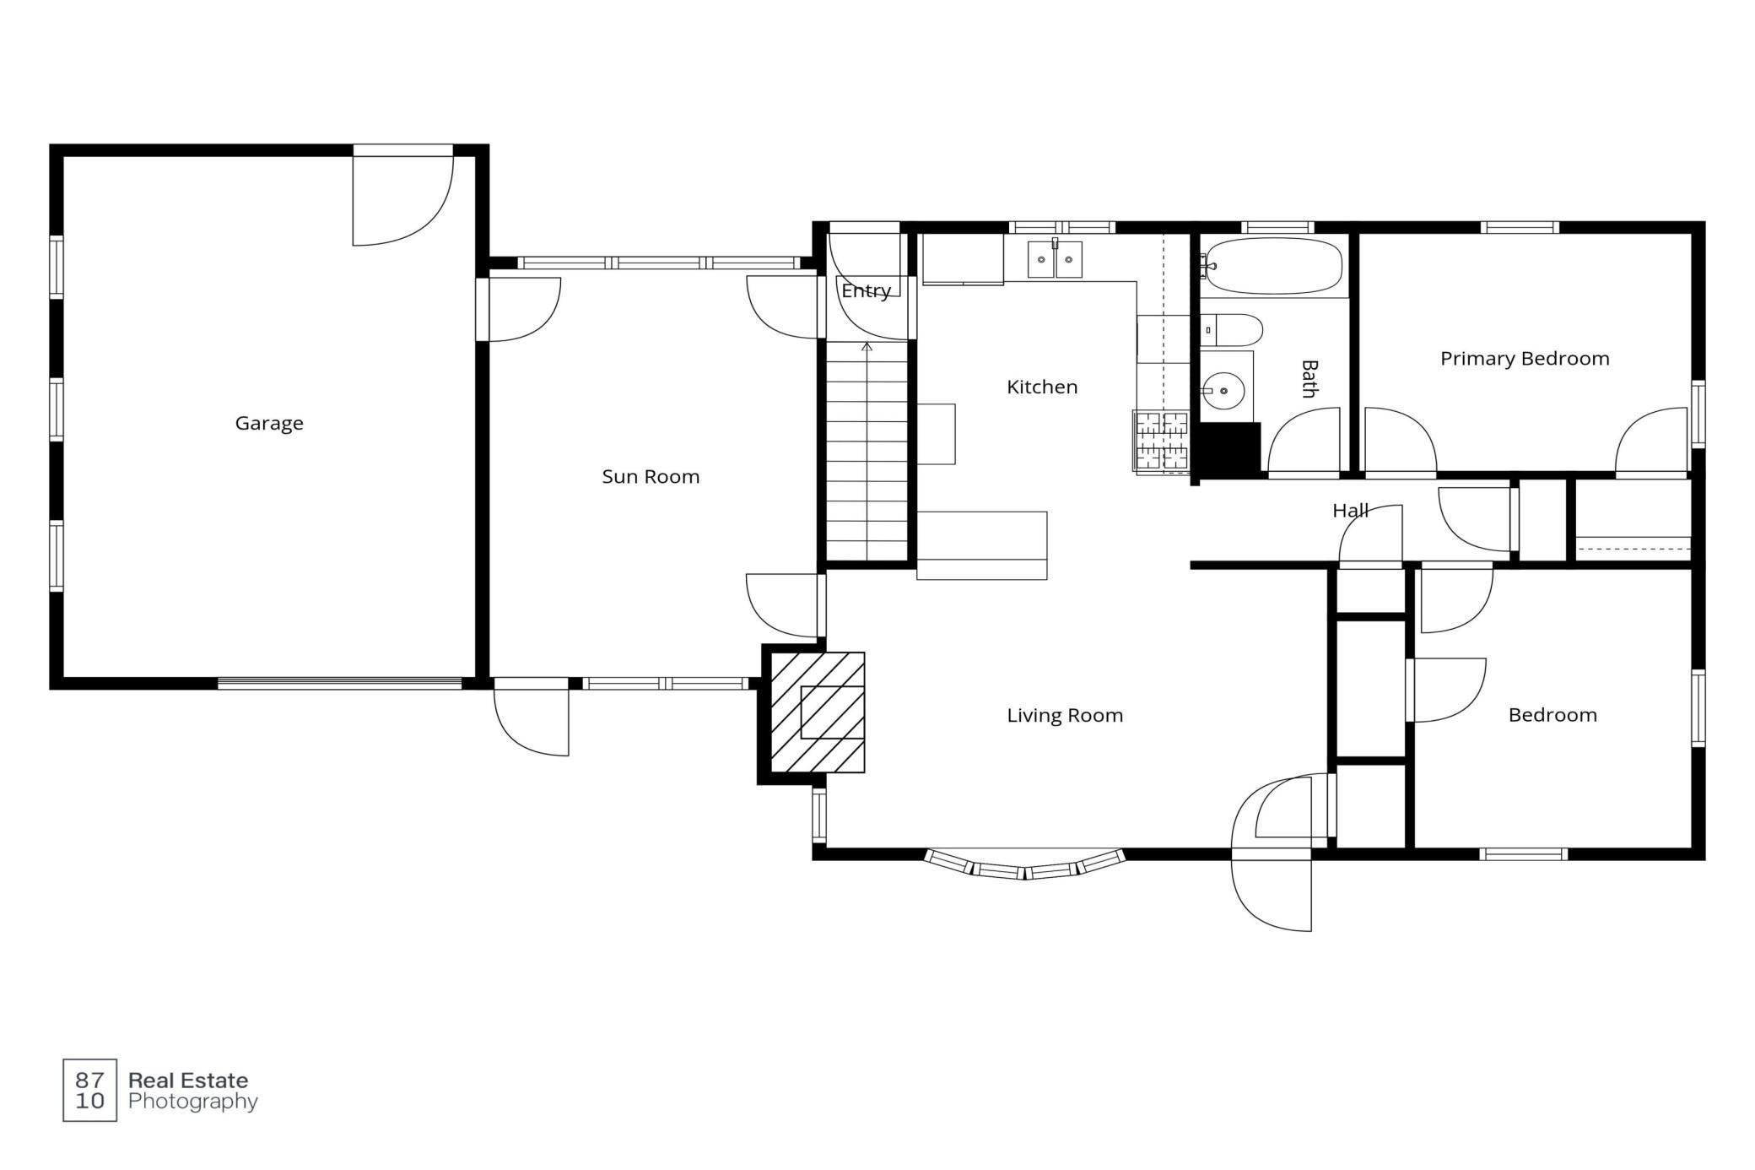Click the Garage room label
tap(269, 423)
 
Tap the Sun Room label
tap(651, 476)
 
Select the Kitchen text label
tap(1042, 387)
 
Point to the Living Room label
tap(1065, 715)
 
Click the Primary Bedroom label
tap(1525, 358)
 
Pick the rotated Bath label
tap(1309, 378)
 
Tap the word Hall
tap(1350, 510)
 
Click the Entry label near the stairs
tap(866, 290)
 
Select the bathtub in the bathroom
tap(1273, 266)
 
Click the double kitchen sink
tap(1055, 259)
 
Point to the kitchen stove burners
tap(1162, 441)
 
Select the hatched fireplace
tap(818, 712)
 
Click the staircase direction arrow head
tap(867, 345)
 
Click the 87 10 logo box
tap(89, 1090)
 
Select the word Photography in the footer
tap(192, 1101)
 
